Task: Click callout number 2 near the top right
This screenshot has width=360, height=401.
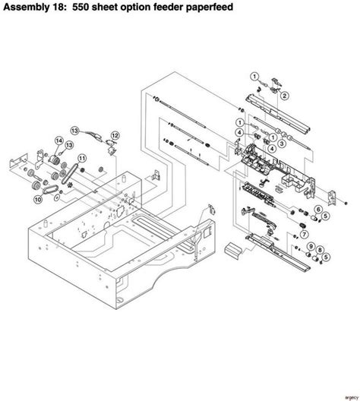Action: (x=285, y=95)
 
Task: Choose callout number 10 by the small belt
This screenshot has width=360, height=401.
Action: (x=36, y=200)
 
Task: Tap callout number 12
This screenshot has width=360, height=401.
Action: (x=115, y=135)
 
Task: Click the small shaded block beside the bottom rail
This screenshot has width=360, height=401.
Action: (x=234, y=248)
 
